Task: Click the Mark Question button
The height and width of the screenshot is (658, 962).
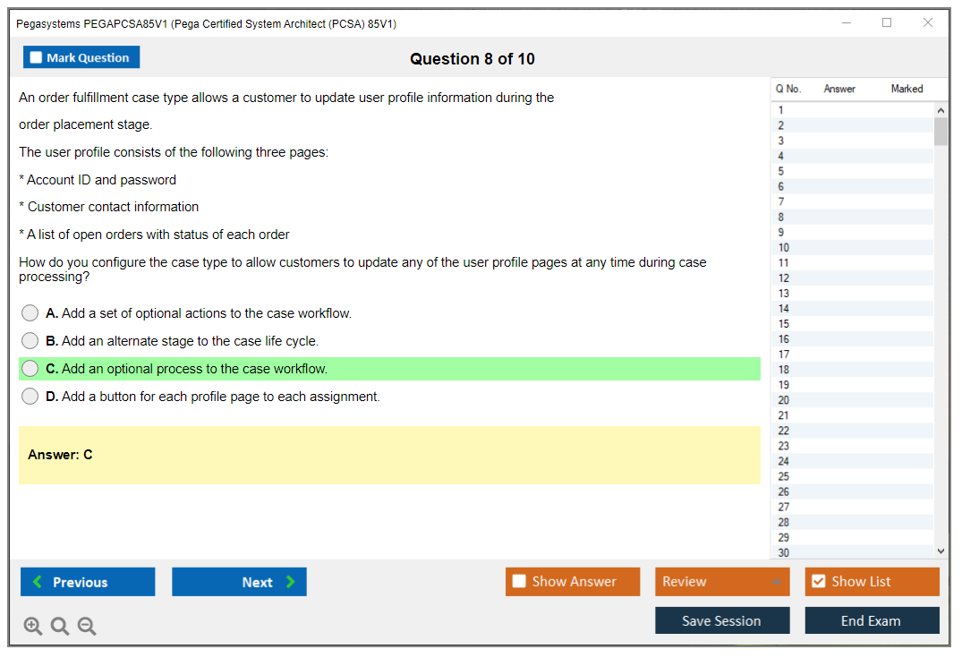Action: tap(81, 57)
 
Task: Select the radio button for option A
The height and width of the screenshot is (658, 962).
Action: tap(30, 313)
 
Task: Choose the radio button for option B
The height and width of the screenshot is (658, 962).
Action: tap(30, 341)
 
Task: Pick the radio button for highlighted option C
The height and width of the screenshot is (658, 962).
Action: tap(30, 368)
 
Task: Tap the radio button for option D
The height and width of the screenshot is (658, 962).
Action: tap(30, 397)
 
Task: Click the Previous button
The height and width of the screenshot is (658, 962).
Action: tap(88, 582)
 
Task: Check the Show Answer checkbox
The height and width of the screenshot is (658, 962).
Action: tap(519, 581)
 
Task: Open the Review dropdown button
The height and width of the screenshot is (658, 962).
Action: tap(722, 582)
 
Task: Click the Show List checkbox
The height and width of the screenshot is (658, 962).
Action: tap(819, 581)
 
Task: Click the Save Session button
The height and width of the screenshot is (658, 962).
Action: tap(722, 620)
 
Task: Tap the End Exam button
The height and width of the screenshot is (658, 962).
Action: tap(872, 620)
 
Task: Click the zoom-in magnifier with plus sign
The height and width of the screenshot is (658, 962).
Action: tap(33, 626)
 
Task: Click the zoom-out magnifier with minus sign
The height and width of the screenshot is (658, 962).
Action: tap(87, 626)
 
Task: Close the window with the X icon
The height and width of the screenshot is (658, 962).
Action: tap(928, 22)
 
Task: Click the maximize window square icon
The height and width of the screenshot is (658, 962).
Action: tap(887, 22)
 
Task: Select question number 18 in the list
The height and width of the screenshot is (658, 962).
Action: tap(783, 370)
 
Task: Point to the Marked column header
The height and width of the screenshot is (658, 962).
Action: tap(907, 89)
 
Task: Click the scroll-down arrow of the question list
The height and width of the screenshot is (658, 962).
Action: tap(941, 551)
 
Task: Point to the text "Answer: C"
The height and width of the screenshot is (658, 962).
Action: tap(60, 455)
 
